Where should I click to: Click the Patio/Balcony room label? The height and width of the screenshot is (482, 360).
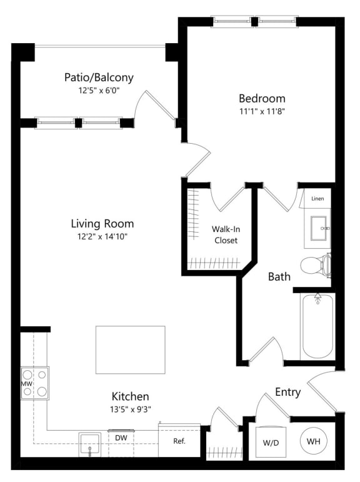pos(99,78)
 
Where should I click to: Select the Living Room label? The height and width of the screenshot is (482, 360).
pos(102,223)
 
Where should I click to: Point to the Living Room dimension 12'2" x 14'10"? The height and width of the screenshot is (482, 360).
pos(102,236)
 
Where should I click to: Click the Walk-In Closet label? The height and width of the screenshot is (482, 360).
pos(225,234)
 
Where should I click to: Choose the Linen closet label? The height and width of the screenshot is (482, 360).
pos(317,198)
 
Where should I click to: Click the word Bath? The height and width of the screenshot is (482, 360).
pos(279,276)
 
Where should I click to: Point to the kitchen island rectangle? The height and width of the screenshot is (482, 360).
pos(130,349)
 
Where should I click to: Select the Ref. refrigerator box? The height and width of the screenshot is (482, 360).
pos(179,441)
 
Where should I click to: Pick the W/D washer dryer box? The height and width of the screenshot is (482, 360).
pos(271,443)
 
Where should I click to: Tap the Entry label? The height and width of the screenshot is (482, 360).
pos(287,393)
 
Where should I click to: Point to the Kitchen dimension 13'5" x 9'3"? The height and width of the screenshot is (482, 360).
pos(130,409)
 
